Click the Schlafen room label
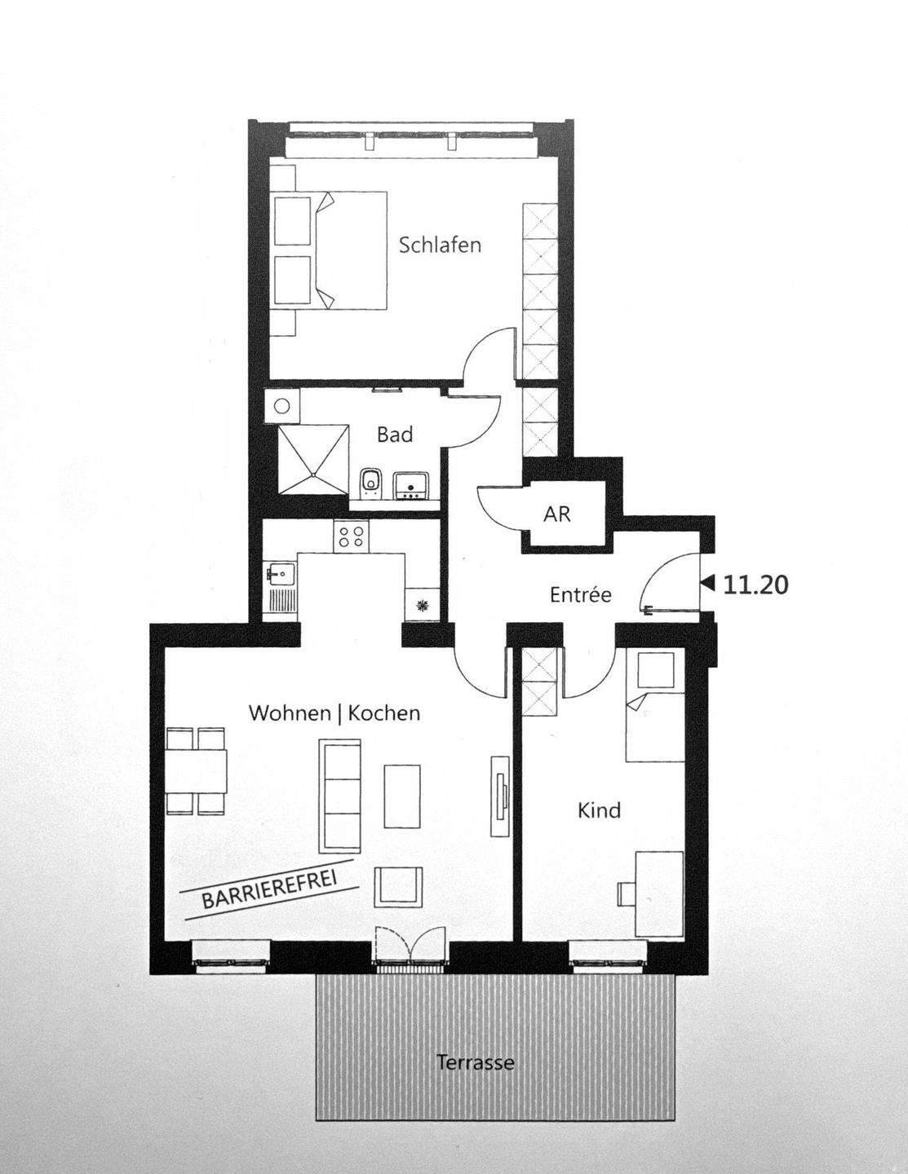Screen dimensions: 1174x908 tap(440, 245)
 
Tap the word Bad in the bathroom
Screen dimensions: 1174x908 tap(394, 435)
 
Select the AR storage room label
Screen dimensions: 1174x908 tap(557, 514)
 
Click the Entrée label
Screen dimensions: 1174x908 tap(580, 595)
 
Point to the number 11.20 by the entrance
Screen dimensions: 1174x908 tap(756, 585)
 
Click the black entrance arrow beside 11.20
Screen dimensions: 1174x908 tap(708, 584)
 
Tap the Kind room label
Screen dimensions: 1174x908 tap(599, 810)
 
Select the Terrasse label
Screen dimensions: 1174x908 tap(475, 1063)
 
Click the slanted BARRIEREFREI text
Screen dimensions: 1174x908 tap(269, 889)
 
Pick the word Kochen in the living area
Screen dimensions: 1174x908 tap(383, 713)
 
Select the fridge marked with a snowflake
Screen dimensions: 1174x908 tap(422, 606)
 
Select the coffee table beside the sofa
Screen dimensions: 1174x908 tap(403, 794)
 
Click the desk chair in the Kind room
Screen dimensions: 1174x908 tap(627, 894)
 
